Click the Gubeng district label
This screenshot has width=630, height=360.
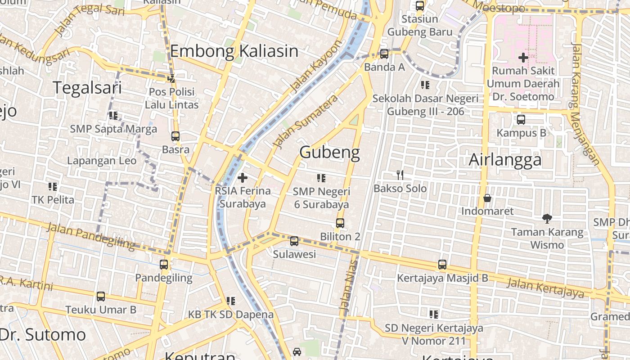click(329, 153)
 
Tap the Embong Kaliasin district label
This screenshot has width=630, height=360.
click(234, 51)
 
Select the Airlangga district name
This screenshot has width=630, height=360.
click(505, 160)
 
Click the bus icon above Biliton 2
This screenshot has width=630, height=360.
click(340, 223)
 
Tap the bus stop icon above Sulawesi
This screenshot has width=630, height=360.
click(294, 241)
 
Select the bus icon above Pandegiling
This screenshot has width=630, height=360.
click(164, 265)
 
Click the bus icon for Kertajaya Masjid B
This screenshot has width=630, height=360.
click(442, 265)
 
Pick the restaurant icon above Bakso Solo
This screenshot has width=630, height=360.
click(400, 175)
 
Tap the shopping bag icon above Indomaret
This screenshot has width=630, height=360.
click(487, 198)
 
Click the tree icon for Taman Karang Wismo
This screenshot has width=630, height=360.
click(547, 219)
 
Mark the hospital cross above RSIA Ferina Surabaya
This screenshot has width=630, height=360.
click(243, 178)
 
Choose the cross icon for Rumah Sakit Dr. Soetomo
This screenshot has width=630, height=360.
click(523, 58)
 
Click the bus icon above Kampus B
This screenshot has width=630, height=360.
click(521, 120)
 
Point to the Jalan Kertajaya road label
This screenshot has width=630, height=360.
click(545, 288)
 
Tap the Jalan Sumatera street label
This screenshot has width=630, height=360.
click(306, 121)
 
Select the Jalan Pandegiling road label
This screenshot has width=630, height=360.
click(90, 236)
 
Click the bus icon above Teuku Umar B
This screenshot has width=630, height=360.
click(101, 297)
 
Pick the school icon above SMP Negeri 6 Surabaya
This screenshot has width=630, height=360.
click(321, 178)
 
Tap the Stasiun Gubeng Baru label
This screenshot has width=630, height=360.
click(419, 26)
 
